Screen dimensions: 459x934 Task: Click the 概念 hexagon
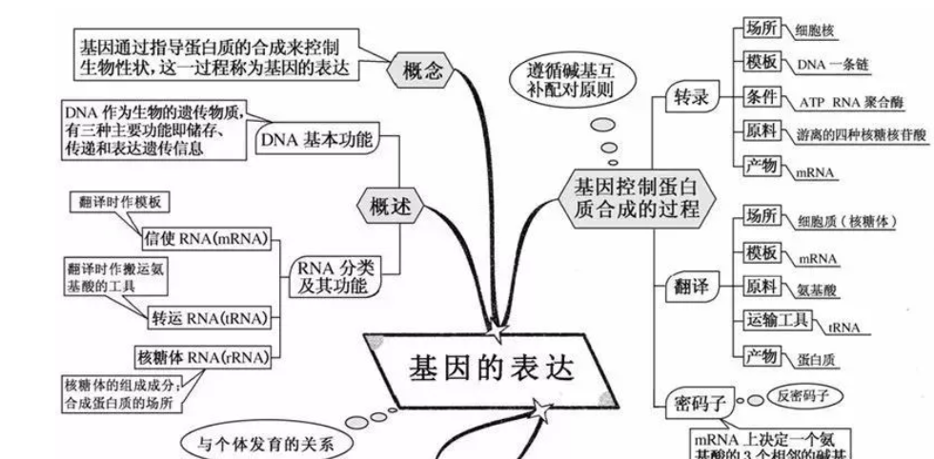point(422,70)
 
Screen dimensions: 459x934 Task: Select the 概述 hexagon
point(390,204)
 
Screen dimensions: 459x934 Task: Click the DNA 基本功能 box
point(315,142)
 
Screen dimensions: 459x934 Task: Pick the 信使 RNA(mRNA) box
point(203,236)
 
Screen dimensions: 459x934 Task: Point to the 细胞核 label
point(815,30)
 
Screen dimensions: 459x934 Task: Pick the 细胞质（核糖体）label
point(847,221)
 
